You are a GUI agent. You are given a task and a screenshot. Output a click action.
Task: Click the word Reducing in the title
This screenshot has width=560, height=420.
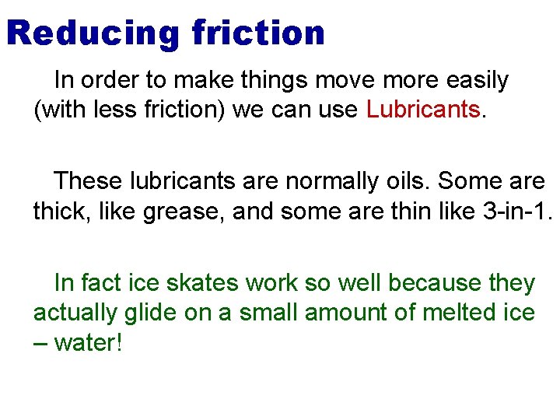[x=91, y=33]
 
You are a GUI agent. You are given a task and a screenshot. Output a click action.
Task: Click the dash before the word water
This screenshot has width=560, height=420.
[x=40, y=343]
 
